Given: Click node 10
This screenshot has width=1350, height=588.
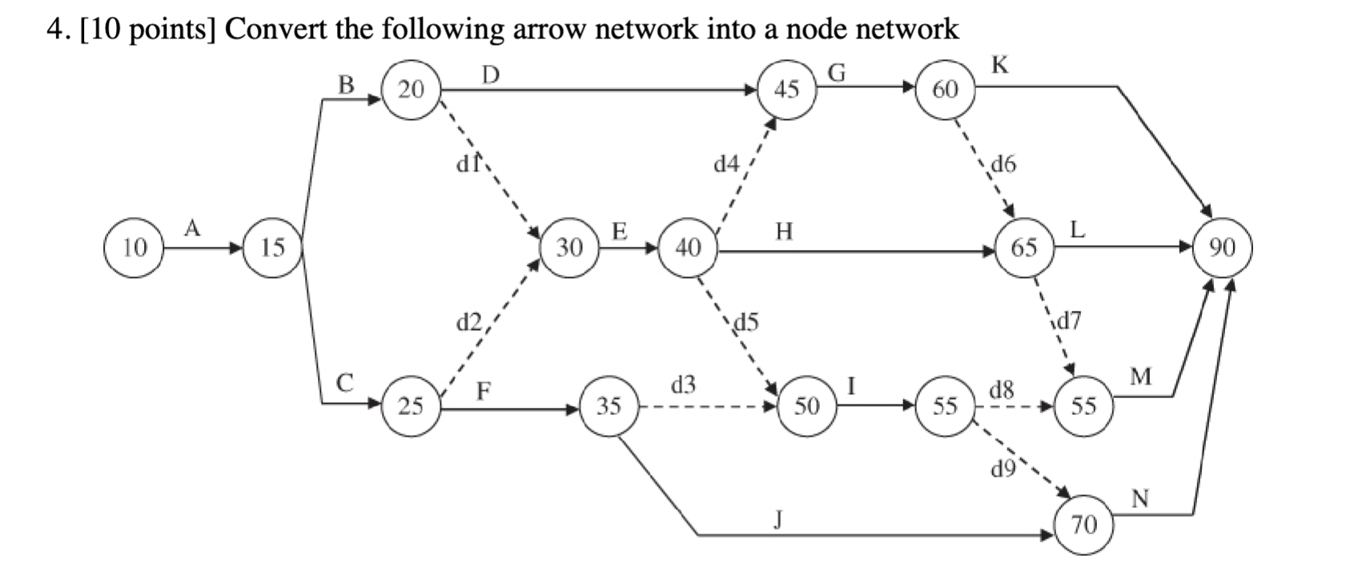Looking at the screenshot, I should point(135,248).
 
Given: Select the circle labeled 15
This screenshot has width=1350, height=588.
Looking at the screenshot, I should point(273,248).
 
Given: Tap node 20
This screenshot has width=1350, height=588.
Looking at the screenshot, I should point(411,89).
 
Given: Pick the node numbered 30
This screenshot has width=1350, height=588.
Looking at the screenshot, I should point(569,248).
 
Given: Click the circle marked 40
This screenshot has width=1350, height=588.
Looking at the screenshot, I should point(688,248).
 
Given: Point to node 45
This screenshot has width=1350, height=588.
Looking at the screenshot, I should point(786,89).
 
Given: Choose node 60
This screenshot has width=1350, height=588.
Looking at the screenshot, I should point(945,89).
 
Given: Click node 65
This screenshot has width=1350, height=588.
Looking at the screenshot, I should point(1024,248).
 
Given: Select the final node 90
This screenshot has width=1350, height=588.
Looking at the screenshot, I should point(1222,248).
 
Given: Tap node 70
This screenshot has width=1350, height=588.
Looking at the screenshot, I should point(1083,526).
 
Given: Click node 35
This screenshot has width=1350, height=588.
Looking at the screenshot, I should point(609,406).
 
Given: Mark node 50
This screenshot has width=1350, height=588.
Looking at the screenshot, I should point(806,406).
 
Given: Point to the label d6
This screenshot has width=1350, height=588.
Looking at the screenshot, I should point(1003,164).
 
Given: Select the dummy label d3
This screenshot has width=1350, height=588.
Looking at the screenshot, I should point(683,385).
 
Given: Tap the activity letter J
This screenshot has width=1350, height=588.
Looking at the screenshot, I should point(777,519).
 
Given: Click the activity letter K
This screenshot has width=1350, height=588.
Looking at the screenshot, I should point(999,66).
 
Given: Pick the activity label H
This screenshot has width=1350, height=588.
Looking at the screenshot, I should point(784,232).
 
